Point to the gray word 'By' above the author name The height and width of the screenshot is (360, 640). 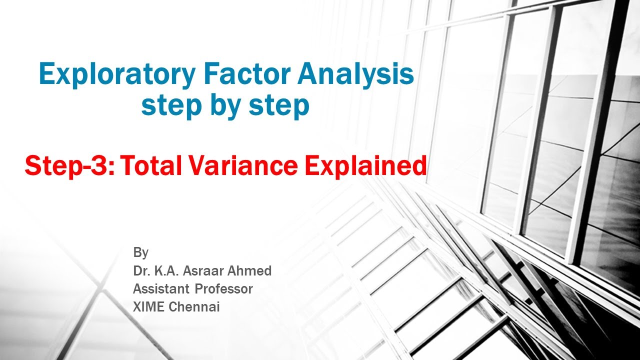[140, 253]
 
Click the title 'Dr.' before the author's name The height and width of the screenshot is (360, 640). [142, 271]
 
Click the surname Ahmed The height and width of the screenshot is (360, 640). [252, 271]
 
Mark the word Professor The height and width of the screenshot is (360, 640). [223, 289]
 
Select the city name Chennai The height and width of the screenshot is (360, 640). [194, 307]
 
